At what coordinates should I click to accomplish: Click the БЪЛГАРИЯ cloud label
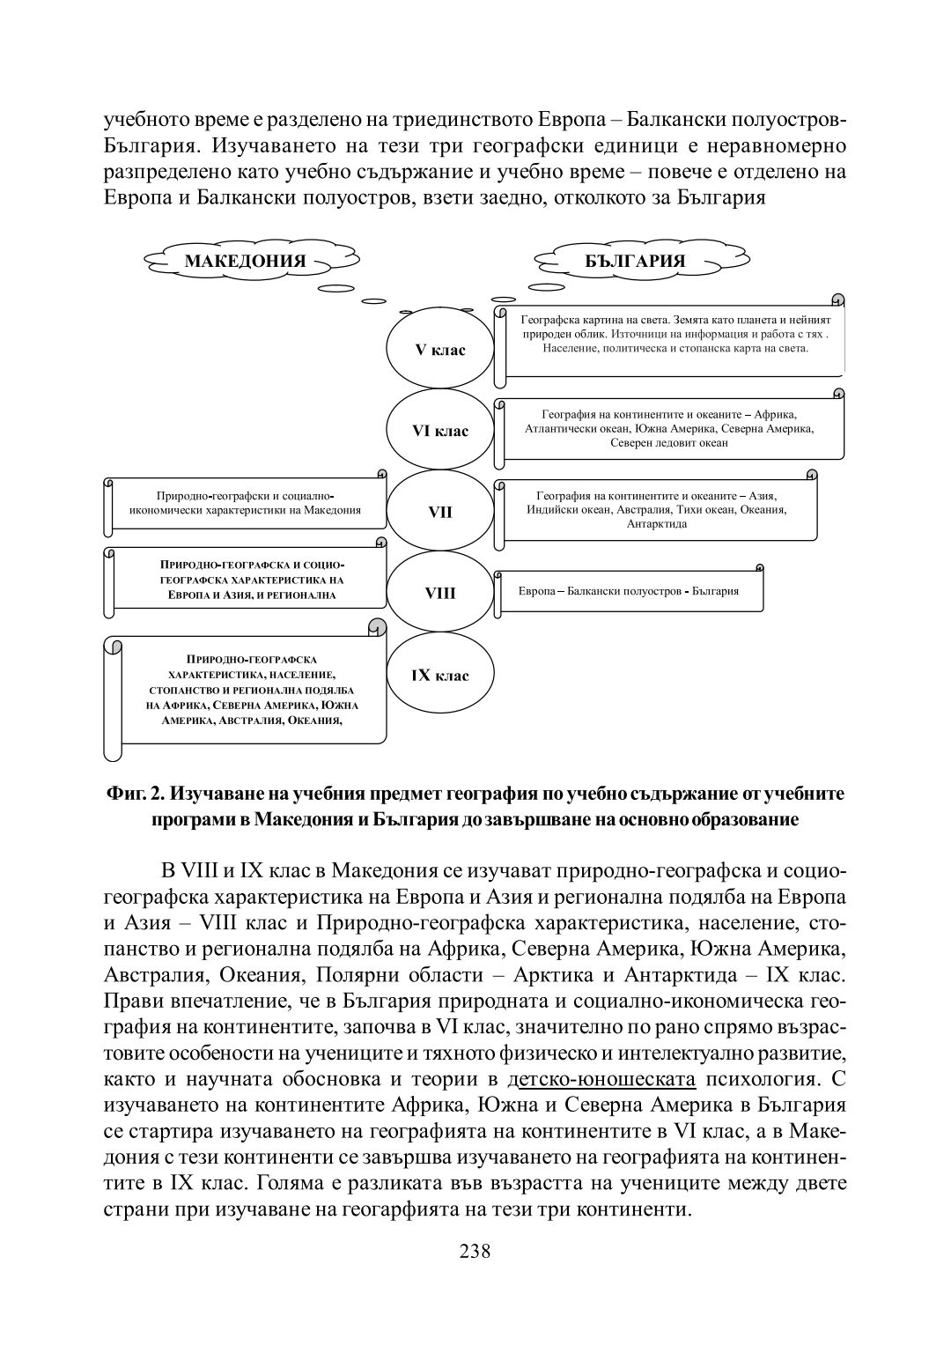point(635,261)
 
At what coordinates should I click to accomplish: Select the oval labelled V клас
point(440,350)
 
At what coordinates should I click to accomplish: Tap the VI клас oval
point(440,431)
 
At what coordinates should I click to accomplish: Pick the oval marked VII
point(440,512)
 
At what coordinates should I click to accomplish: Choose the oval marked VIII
point(440,593)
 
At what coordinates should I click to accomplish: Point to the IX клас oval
point(440,676)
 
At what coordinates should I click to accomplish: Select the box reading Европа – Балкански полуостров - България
point(629,591)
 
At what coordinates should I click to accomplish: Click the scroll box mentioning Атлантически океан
point(669,429)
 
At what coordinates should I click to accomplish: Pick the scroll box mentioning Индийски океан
point(657,510)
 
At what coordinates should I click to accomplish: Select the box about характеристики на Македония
point(246,504)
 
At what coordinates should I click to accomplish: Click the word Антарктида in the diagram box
point(657,524)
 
